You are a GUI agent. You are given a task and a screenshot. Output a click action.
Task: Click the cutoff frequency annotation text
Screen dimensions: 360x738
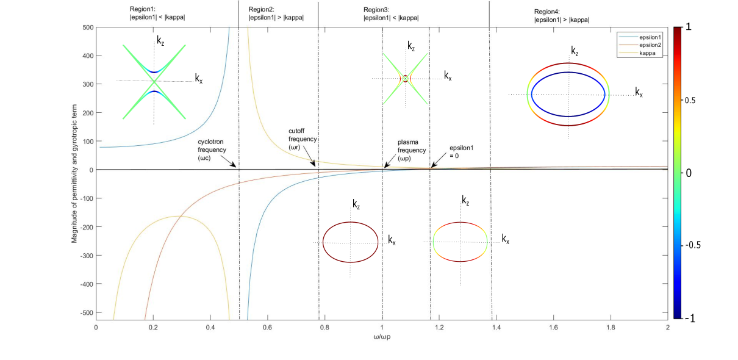[x=303, y=139]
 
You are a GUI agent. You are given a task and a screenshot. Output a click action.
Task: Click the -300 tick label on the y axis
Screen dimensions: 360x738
[x=83, y=256]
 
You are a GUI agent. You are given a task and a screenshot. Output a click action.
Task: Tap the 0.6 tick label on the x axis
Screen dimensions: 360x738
[x=268, y=327]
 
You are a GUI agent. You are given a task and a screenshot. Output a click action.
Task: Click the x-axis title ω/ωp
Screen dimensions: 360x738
[x=382, y=336]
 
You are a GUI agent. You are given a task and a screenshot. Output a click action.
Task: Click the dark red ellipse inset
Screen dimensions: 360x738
[x=350, y=242]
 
